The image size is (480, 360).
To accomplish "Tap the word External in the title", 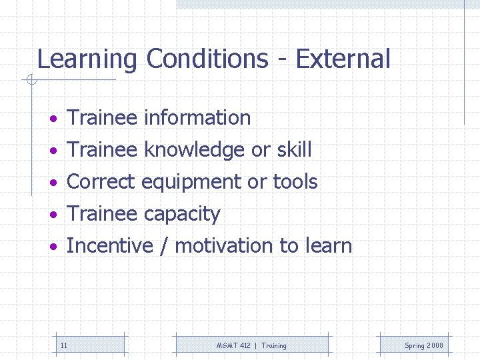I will (x=343, y=59).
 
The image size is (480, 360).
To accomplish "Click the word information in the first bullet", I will (x=197, y=118).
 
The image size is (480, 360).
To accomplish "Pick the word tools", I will (x=295, y=181).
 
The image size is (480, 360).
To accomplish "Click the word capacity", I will (x=182, y=215).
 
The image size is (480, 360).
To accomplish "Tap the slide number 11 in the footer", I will (x=63, y=345).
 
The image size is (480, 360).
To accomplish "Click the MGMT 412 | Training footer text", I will (x=251, y=345).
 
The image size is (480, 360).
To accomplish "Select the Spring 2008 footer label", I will (x=423, y=345).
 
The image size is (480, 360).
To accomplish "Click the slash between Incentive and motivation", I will (x=163, y=246).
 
